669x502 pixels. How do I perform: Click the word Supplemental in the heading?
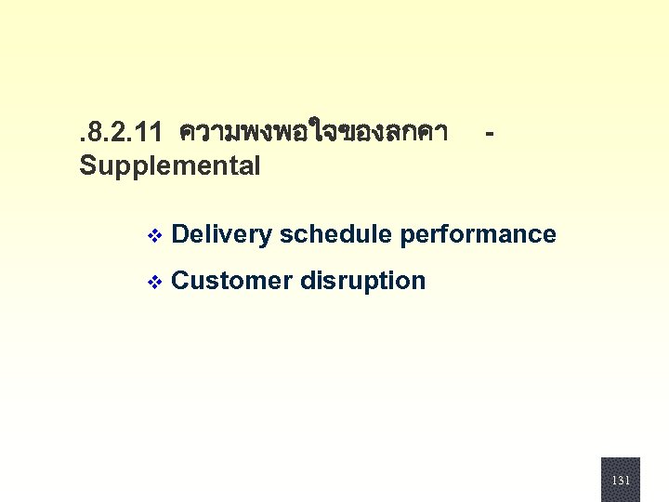coord(170,166)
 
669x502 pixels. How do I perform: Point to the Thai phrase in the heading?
coord(314,133)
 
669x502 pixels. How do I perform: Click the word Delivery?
coord(222,235)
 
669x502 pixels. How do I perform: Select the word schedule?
coord(335,234)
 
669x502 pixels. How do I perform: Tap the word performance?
coord(478,235)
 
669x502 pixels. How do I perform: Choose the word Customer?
coord(232,281)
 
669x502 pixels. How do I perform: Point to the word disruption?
coord(363,282)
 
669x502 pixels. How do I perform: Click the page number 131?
coord(621,481)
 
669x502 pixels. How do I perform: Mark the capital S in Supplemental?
coord(87,166)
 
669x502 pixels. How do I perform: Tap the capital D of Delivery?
coord(180,234)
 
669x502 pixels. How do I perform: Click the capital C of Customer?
coord(181,281)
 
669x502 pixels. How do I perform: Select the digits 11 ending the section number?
coord(150,133)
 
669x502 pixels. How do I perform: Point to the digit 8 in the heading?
coord(92,133)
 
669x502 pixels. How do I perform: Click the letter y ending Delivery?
coord(266,237)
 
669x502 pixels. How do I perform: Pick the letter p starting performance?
coord(406,237)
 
